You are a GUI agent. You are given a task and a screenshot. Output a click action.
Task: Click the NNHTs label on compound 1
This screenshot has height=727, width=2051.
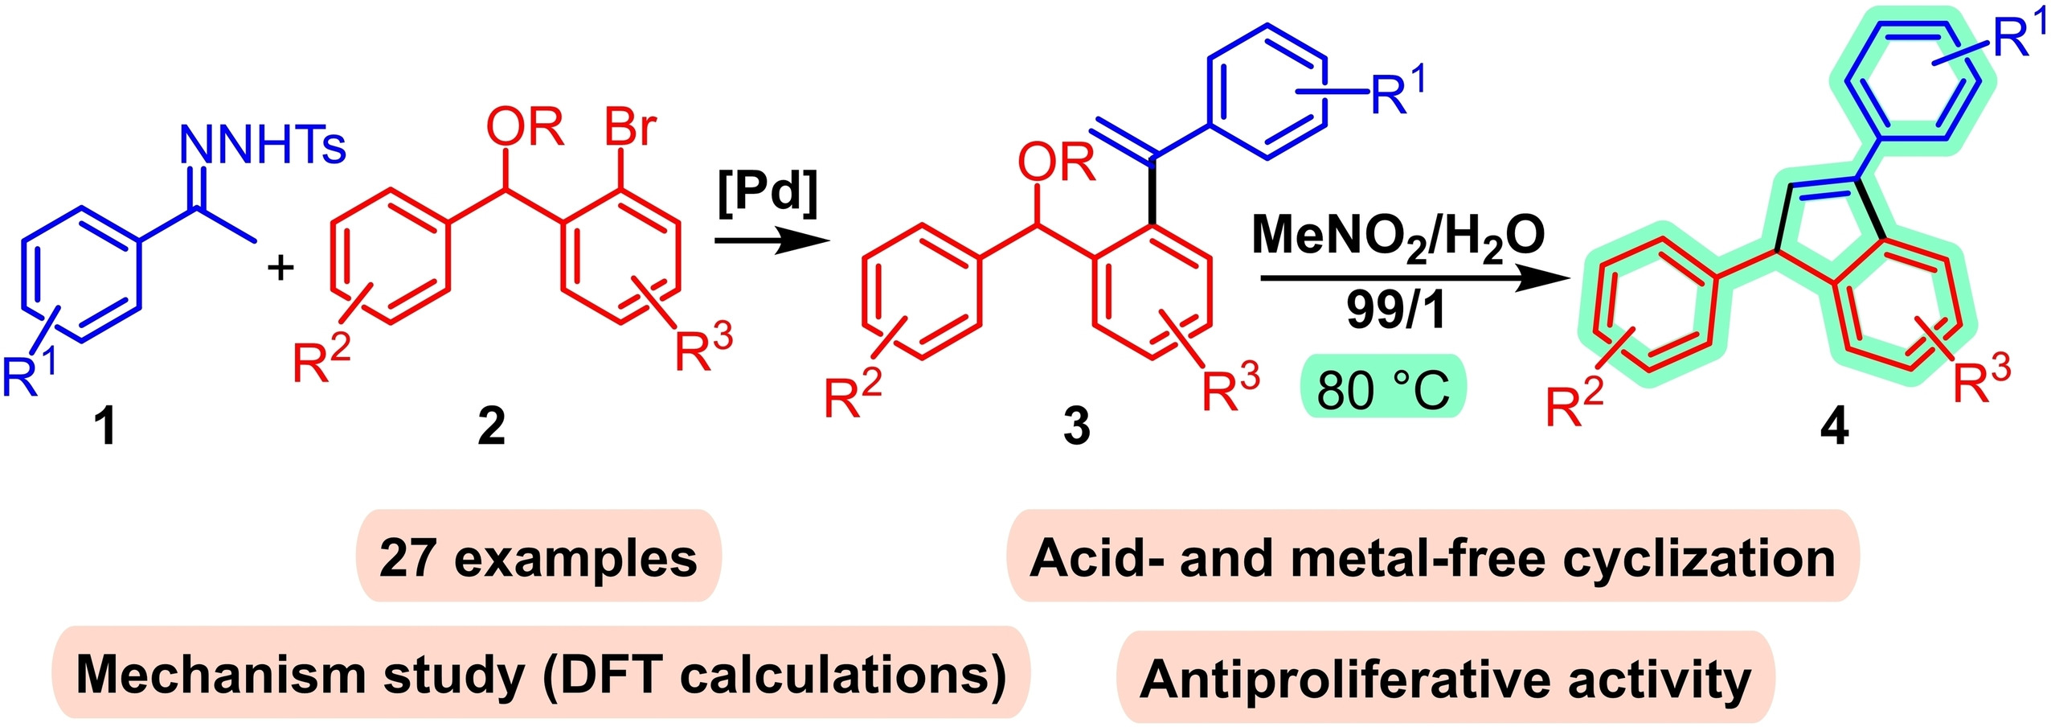tap(264, 146)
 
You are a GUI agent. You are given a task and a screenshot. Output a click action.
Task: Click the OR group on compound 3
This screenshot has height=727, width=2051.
tap(1056, 163)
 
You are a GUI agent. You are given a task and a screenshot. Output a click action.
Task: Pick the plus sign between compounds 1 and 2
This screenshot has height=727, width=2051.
tap(280, 268)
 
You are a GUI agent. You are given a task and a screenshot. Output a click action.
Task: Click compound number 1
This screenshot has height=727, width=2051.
tap(105, 426)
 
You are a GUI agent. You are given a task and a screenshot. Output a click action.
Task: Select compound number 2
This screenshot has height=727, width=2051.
tap(491, 426)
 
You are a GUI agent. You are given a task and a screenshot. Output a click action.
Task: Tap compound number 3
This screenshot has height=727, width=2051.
tap(1076, 426)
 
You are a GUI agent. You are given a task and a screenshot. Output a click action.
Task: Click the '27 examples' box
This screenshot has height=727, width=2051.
tap(538, 557)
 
